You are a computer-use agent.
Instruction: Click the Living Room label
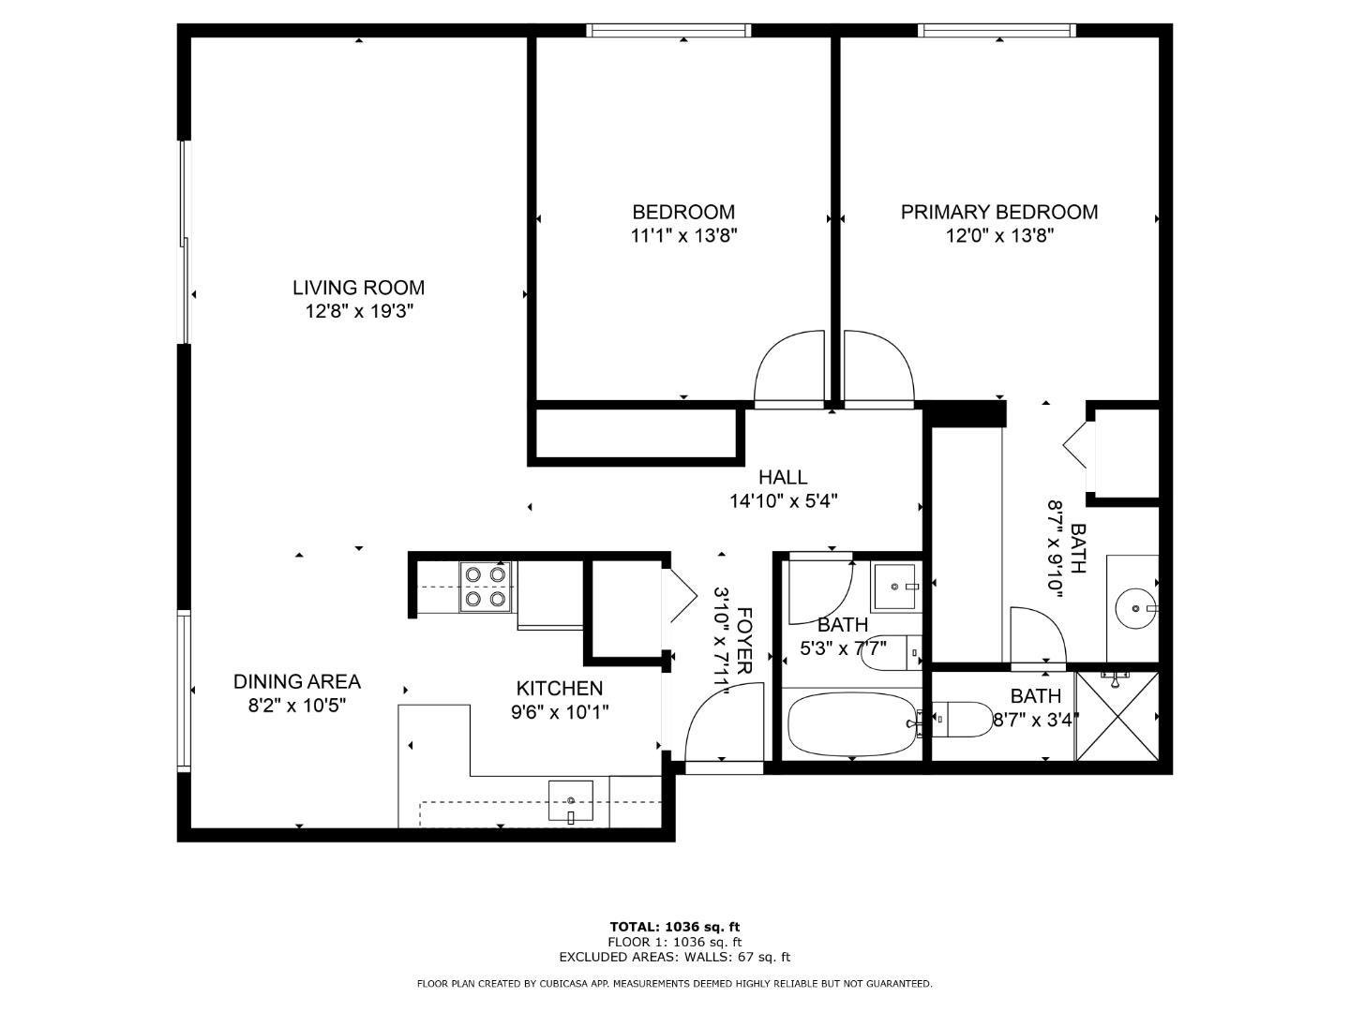[358, 288]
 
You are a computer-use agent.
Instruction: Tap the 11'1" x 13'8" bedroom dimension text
[683, 235]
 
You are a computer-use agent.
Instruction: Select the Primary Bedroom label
[999, 212]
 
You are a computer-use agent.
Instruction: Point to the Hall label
[783, 477]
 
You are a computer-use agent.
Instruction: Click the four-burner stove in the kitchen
[486, 587]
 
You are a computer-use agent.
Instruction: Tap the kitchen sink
[571, 800]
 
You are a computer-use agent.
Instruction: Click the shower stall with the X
[1117, 717]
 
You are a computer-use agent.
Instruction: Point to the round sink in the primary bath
[1135, 608]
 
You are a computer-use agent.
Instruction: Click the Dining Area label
[297, 681]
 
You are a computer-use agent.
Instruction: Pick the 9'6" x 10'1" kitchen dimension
[560, 712]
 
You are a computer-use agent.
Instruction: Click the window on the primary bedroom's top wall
[997, 30]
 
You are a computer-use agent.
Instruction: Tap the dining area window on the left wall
[184, 689]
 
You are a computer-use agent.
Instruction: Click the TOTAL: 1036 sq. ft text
[675, 927]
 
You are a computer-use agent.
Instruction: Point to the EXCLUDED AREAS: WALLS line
[675, 957]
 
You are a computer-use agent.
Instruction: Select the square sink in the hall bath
[895, 587]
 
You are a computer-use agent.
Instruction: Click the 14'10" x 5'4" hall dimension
[784, 501]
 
